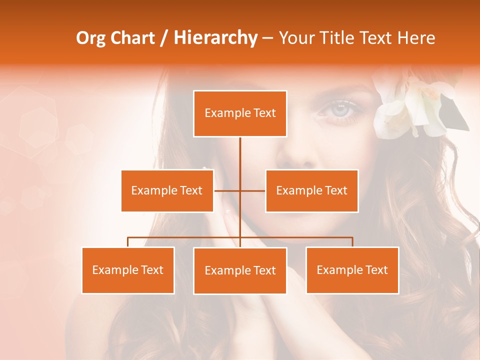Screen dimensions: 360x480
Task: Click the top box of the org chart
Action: coord(240,113)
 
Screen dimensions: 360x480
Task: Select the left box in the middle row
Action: coord(167,190)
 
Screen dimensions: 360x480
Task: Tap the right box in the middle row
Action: coord(311,190)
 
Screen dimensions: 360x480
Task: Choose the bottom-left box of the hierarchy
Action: coord(128,270)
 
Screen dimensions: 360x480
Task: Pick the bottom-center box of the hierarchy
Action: coord(240,270)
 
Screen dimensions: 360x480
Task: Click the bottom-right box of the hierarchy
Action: coord(352,270)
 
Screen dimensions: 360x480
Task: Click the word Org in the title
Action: coord(90,38)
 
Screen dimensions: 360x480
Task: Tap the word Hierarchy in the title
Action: coord(215,38)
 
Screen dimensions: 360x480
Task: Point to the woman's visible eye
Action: coord(340,108)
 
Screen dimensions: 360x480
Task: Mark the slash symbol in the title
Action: coord(164,38)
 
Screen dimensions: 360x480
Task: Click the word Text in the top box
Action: coord(264,113)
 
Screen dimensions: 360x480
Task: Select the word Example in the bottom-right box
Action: coord(339,270)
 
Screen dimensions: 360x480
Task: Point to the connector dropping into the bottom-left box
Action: coord(128,242)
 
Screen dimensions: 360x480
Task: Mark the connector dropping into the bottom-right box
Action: coord(352,242)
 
